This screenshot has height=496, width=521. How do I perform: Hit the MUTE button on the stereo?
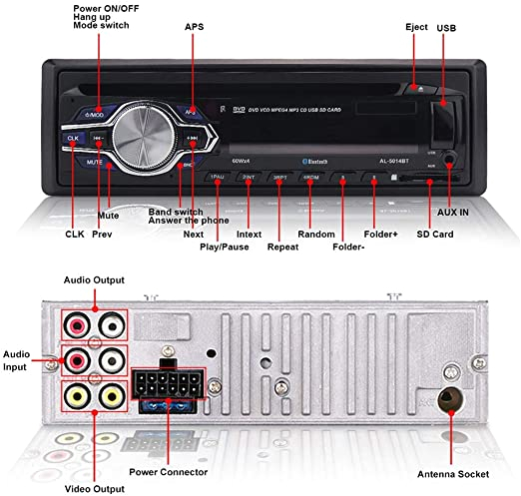tap(93, 161)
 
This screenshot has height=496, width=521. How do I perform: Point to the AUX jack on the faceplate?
tap(452, 158)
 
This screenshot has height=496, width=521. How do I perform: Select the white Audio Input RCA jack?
tap(111, 358)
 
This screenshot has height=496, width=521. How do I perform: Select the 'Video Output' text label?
tap(94, 461)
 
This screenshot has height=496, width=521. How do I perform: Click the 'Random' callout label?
tap(316, 233)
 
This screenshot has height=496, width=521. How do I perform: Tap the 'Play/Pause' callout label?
tap(224, 246)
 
